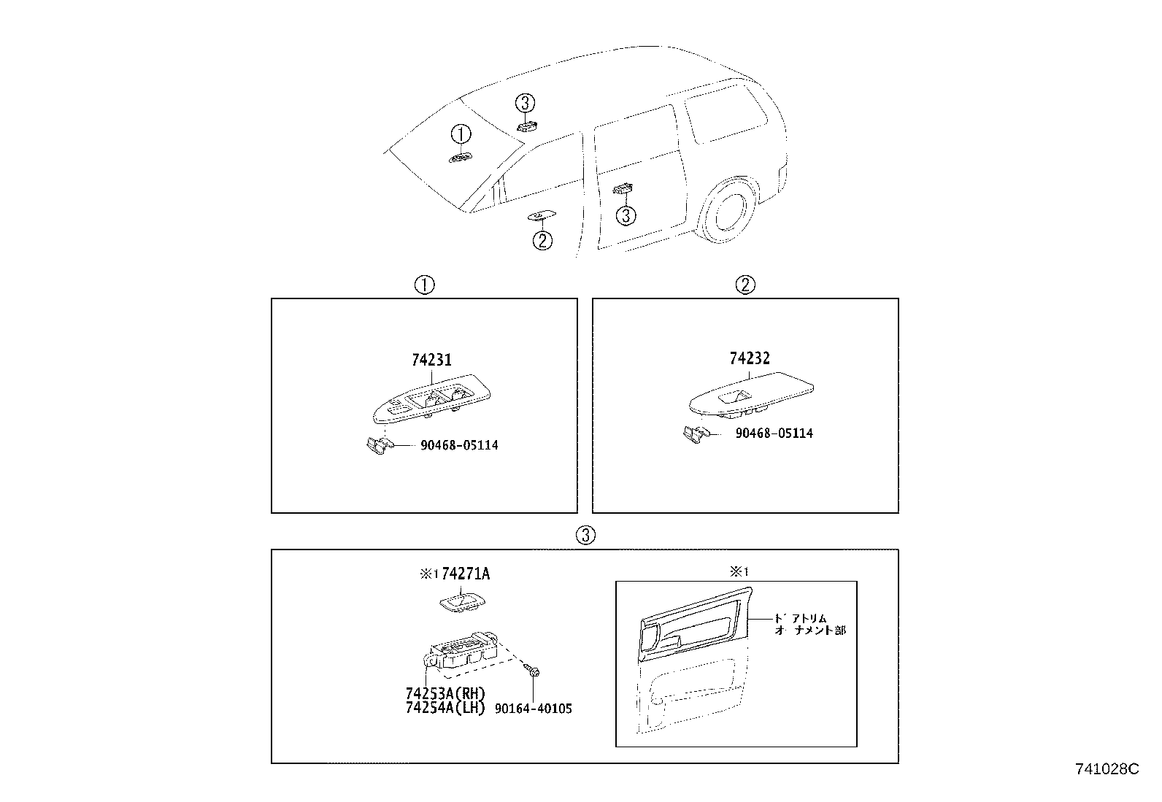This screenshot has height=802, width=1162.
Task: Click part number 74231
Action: (431, 360)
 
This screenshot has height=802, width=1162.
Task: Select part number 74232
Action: (750, 358)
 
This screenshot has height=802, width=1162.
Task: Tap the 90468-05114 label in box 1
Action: (459, 445)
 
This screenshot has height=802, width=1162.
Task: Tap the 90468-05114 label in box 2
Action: (774, 433)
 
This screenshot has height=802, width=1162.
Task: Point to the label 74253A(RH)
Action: (445, 693)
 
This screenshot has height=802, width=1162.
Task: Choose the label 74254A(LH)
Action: (445, 708)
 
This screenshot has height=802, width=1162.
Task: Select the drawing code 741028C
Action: (1107, 769)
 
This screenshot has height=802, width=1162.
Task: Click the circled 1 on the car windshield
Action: (461, 134)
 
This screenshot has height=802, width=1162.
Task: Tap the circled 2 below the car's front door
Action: (542, 240)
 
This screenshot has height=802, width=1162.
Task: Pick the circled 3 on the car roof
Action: (526, 104)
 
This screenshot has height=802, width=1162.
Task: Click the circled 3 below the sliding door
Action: (626, 215)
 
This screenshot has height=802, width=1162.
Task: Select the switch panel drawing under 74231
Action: (431, 401)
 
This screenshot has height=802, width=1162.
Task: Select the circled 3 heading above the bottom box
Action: (585, 536)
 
